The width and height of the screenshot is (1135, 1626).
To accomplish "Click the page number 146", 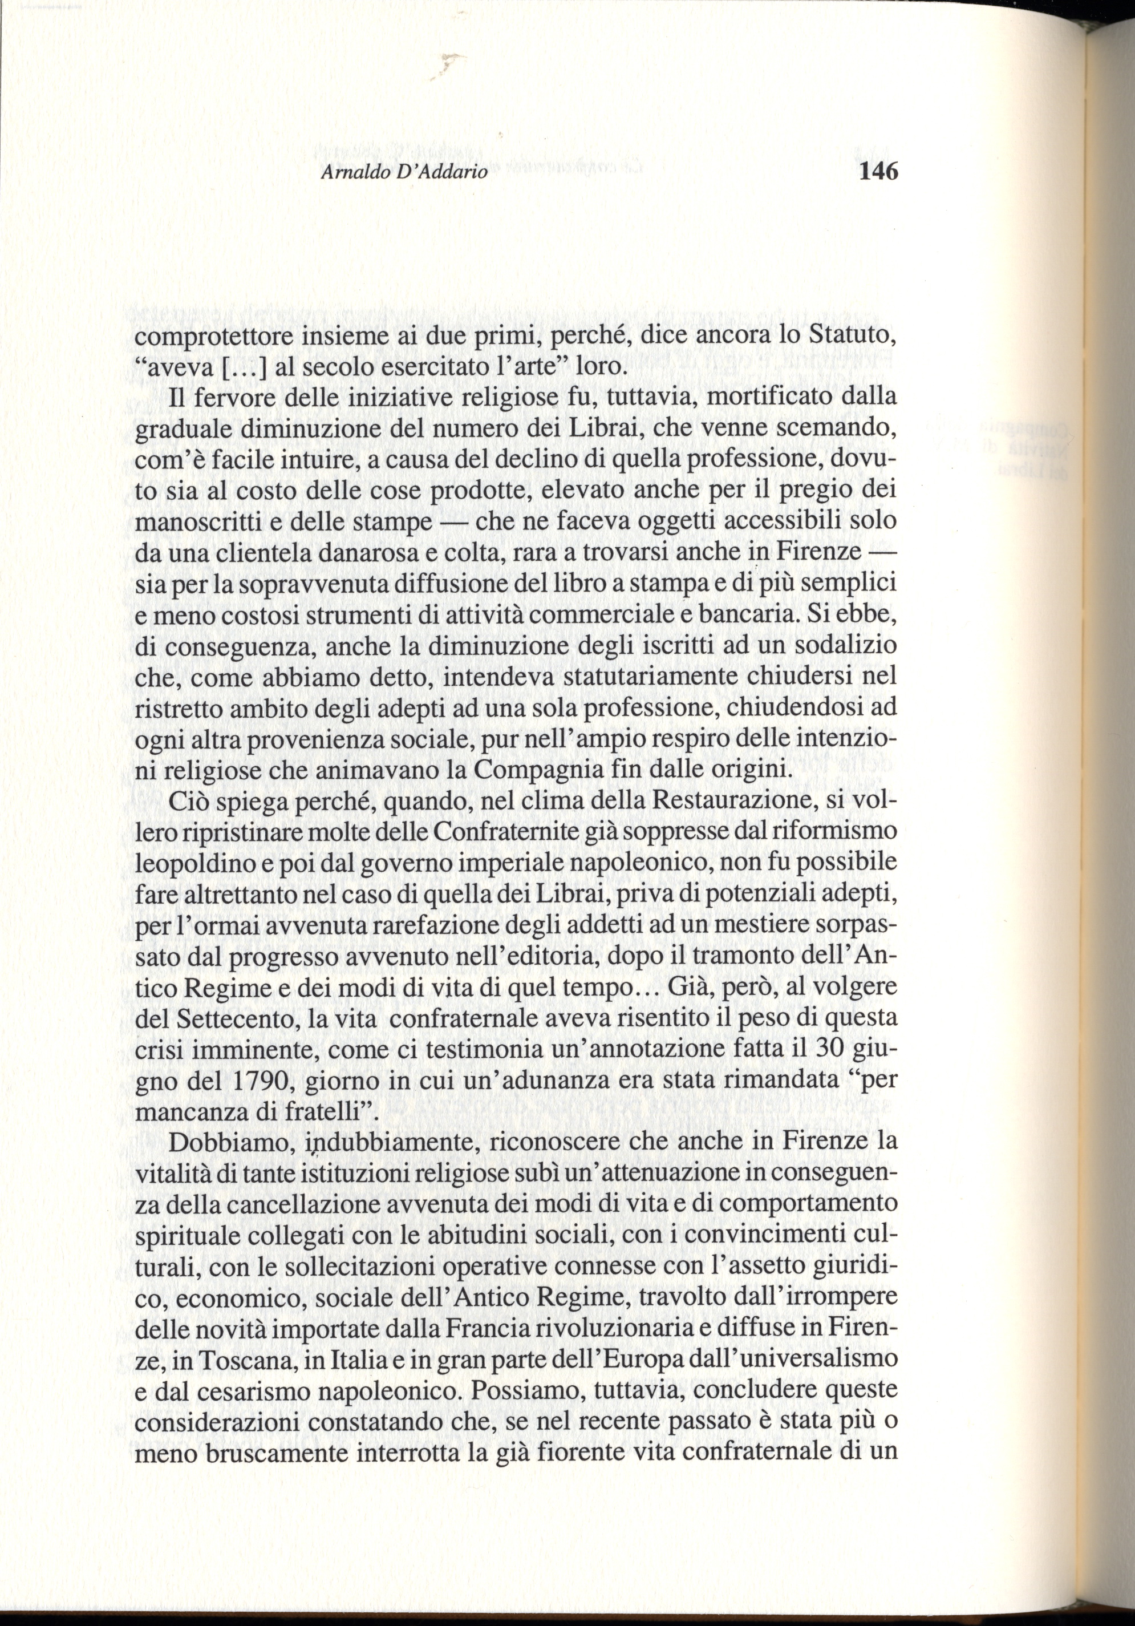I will click(x=877, y=171).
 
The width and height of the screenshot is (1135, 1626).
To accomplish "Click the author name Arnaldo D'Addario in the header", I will click(x=404, y=173).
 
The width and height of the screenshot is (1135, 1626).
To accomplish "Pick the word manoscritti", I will click(x=197, y=523).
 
